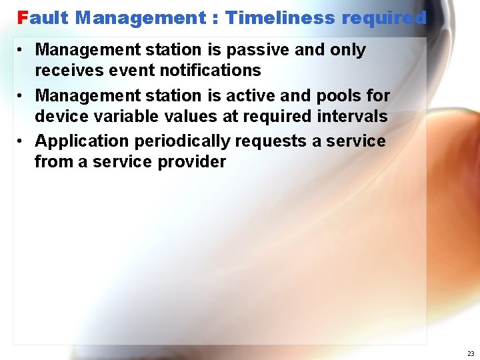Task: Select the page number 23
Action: tap(471, 353)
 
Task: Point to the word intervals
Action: tap(351, 116)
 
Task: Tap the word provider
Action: tap(192, 161)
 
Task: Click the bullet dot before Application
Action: tap(22, 141)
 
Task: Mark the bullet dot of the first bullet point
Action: tap(22, 50)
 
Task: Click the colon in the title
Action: tap(217, 19)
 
